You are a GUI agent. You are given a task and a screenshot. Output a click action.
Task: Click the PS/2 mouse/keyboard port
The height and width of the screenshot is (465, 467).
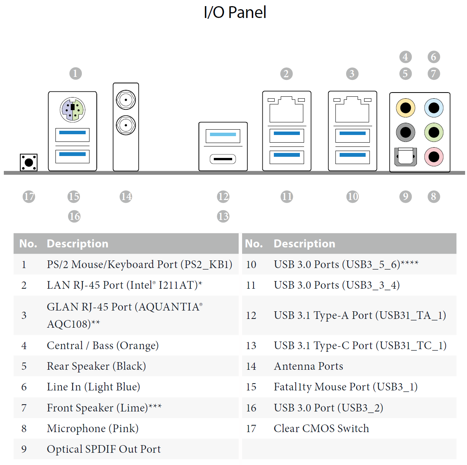pos(72,110)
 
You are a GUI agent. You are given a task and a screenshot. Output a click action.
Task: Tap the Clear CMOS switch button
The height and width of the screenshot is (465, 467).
pos(29,163)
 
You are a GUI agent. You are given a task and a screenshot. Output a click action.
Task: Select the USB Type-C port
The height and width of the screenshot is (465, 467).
pos(223,159)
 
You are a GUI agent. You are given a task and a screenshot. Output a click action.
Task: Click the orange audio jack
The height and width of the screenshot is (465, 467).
pos(405,108)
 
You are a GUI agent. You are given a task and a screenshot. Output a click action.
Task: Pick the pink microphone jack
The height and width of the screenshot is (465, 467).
pos(434,157)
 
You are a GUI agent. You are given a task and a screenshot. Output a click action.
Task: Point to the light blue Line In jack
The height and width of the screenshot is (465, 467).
pos(434,108)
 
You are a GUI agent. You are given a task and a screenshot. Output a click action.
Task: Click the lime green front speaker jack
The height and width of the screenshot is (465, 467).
pos(434,132)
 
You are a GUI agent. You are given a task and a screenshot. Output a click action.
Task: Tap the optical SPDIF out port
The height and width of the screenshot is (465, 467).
pos(405,157)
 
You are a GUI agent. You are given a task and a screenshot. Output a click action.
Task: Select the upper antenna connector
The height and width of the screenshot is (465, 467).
pos(126,100)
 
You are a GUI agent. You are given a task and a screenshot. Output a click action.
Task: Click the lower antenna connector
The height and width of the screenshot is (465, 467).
pos(126,125)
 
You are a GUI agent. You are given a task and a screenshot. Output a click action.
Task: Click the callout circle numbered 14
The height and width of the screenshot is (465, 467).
pos(126,197)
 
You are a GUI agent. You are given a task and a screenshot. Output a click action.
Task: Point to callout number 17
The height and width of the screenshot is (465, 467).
pos(29,197)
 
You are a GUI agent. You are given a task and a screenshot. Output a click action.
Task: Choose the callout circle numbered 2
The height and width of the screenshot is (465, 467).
pos(286,74)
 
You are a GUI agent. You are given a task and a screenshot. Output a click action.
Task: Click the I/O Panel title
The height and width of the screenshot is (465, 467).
pos(235,12)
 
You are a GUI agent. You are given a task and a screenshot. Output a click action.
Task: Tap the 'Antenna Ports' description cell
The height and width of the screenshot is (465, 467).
pos(308,366)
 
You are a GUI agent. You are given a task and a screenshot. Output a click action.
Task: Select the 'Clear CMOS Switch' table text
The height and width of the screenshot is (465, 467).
pos(321,428)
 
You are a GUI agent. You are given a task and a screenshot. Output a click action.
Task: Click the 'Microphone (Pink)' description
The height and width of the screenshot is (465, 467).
pos(93,428)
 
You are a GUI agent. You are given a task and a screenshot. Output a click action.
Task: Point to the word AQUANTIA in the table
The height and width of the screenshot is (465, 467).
pos(169,307)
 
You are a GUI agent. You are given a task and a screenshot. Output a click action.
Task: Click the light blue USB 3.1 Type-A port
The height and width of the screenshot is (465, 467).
pos(223,136)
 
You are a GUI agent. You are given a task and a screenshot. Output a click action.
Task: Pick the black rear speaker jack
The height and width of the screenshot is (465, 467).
pos(405,132)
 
